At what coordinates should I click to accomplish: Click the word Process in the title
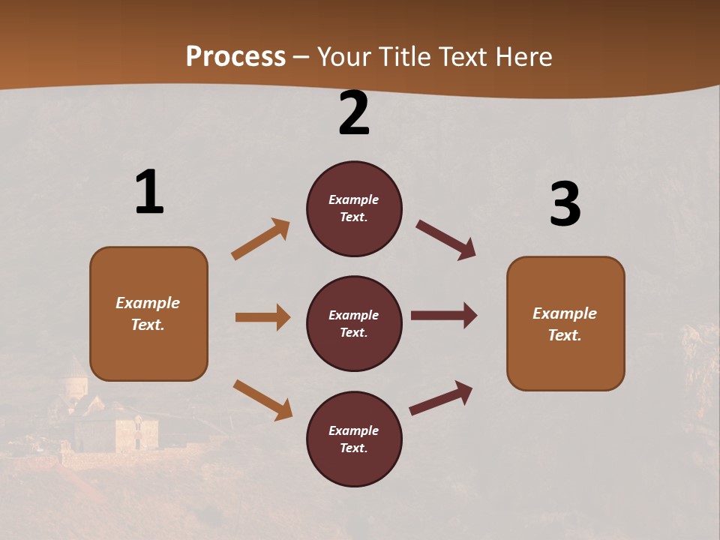pyautogui.click(x=235, y=57)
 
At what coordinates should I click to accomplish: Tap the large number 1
pyautogui.click(x=149, y=193)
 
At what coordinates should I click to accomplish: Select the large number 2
pyautogui.click(x=354, y=114)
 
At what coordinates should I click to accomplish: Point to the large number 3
pyautogui.click(x=565, y=205)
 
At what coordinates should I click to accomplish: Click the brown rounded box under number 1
pyautogui.click(x=148, y=313)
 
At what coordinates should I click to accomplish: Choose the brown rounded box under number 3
pyautogui.click(x=565, y=324)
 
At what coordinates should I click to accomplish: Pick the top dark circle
pyautogui.click(x=354, y=208)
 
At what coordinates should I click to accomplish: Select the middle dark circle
pyautogui.click(x=354, y=323)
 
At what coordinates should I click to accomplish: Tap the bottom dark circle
pyautogui.click(x=354, y=439)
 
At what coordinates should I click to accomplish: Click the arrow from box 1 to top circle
pyautogui.click(x=260, y=239)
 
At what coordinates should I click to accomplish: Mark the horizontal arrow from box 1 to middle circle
pyautogui.click(x=262, y=317)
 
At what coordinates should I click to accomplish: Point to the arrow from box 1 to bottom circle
pyautogui.click(x=262, y=400)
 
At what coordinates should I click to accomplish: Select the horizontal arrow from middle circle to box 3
pyautogui.click(x=444, y=316)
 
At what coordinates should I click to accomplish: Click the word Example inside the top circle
pyautogui.click(x=354, y=199)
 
